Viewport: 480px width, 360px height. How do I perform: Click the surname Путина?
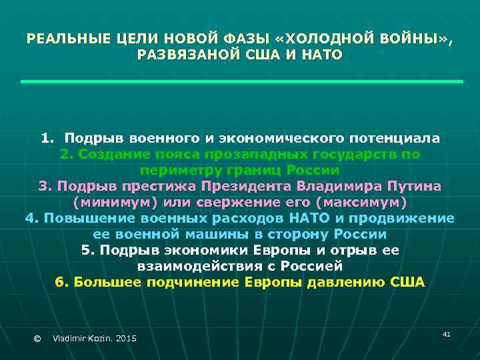click(x=414, y=186)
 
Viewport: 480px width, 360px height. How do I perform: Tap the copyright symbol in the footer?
click(x=37, y=339)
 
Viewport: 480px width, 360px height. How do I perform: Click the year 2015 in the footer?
click(x=125, y=339)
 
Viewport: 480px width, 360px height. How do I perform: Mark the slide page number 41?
click(x=446, y=333)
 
